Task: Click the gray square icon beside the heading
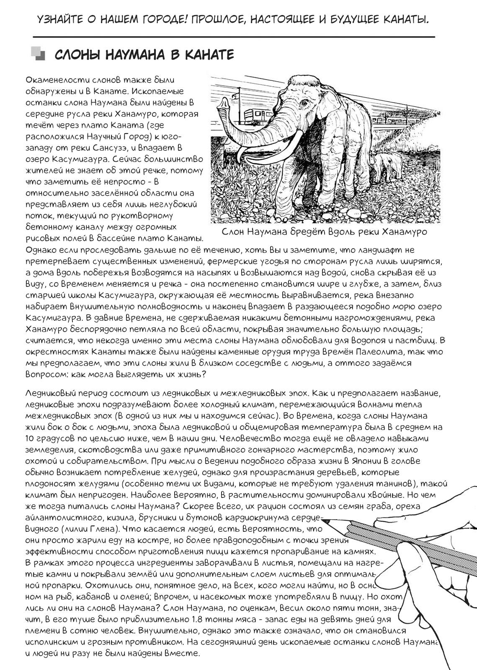click(x=38, y=54)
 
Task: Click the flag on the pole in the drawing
click(x=241, y=91)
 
